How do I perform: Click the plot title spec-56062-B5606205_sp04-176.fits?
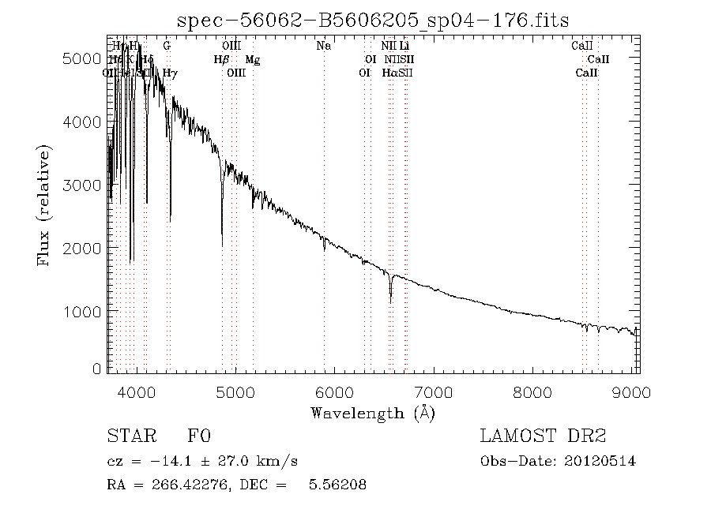[x=373, y=20]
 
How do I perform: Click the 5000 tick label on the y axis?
[x=81, y=59]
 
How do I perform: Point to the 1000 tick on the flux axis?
[x=81, y=312]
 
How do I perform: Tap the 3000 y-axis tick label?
[x=81, y=185]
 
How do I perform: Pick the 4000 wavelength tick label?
[x=137, y=392]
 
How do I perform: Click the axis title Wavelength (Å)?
[x=373, y=412]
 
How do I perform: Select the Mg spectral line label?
[x=252, y=60]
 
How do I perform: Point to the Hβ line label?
[x=221, y=60]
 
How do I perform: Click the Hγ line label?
[x=170, y=73]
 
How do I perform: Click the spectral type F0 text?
[x=198, y=436]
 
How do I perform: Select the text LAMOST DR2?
[x=543, y=436]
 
